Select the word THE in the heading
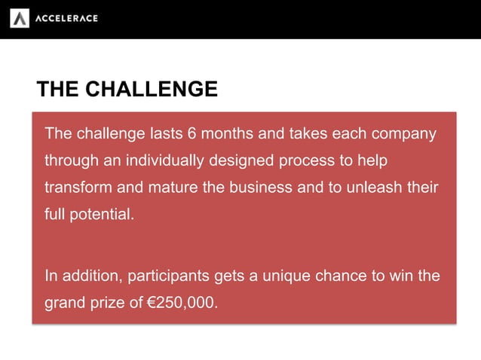tap(57, 90)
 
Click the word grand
tap(65, 303)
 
